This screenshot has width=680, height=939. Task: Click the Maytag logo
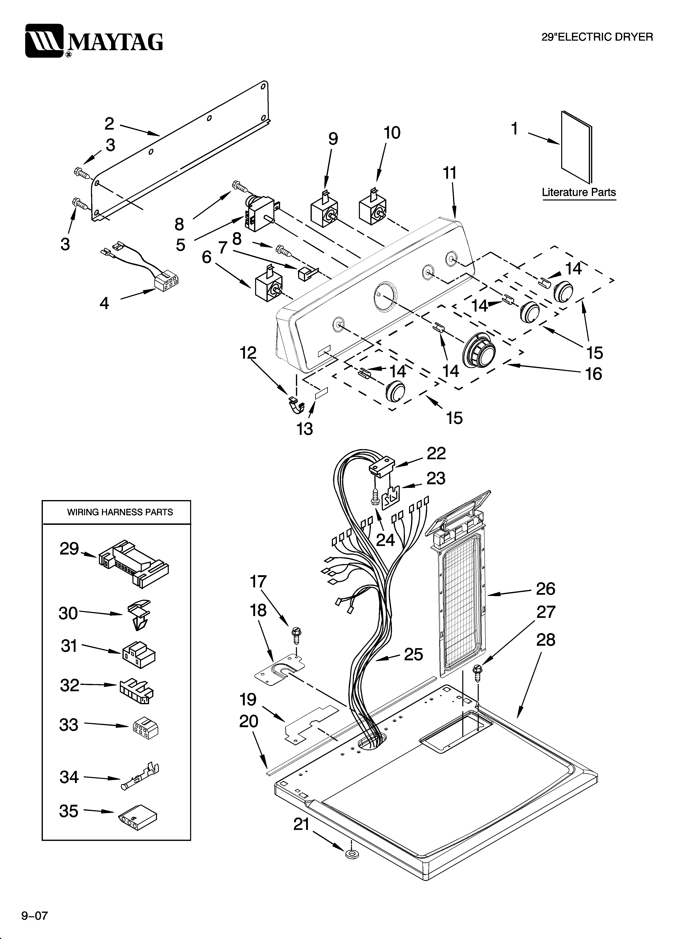tap(94, 41)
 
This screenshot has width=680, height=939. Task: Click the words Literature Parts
tap(578, 192)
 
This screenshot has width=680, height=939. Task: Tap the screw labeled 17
tap(297, 634)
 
